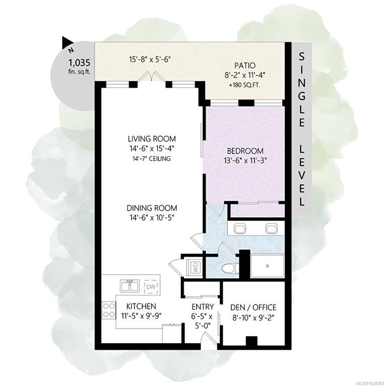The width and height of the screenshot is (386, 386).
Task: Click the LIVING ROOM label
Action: (x=152, y=139)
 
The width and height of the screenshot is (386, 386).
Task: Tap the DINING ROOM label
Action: (x=152, y=208)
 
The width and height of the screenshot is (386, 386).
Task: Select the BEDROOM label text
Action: (x=245, y=151)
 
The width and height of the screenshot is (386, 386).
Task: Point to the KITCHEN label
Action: (x=141, y=306)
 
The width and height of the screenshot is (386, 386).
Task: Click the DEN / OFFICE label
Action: (x=253, y=308)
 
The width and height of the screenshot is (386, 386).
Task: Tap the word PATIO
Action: (x=245, y=65)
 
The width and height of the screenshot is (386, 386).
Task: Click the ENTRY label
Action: (x=203, y=307)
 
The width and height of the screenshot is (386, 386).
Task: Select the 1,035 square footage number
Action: (x=79, y=63)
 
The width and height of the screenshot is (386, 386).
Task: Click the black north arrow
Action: (x=67, y=42)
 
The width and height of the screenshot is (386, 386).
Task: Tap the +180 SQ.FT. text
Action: (x=245, y=85)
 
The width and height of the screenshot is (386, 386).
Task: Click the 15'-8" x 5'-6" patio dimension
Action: (x=150, y=59)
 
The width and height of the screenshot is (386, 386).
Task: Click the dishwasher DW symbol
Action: (x=151, y=286)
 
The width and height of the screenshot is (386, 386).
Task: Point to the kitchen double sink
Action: (x=130, y=285)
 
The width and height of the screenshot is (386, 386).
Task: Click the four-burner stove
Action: (x=109, y=310)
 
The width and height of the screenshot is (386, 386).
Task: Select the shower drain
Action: (x=267, y=266)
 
